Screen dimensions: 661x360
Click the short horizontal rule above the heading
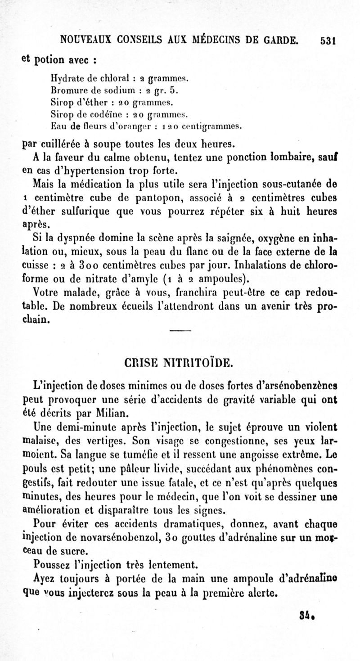pyautogui.click(x=181, y=333)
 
